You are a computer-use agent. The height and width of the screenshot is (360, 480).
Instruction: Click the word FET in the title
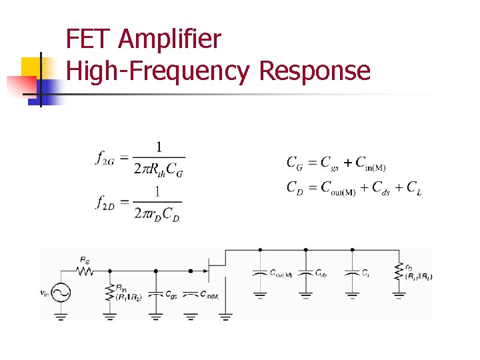(89, 40)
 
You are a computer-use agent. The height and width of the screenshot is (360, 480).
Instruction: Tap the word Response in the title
(314, 70)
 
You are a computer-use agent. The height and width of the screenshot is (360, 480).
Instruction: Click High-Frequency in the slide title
(159, 71)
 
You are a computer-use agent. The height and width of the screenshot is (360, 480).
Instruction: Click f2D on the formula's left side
(107, 202)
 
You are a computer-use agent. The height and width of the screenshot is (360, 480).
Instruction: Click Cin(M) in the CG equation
(370, 163)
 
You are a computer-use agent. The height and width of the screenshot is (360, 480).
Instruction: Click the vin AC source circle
(62, 292)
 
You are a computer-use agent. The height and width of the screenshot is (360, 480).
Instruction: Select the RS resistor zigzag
(85, 271)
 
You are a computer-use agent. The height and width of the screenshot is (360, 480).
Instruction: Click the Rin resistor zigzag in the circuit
(109, 291)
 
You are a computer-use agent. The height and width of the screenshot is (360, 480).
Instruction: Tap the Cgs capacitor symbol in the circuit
(155, 293)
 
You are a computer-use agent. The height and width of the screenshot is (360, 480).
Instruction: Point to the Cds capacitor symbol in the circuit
(305, 273)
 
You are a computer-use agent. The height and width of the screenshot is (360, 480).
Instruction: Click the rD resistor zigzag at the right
(398, 272)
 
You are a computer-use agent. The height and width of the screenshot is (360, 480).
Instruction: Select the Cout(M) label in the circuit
(281, 273)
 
